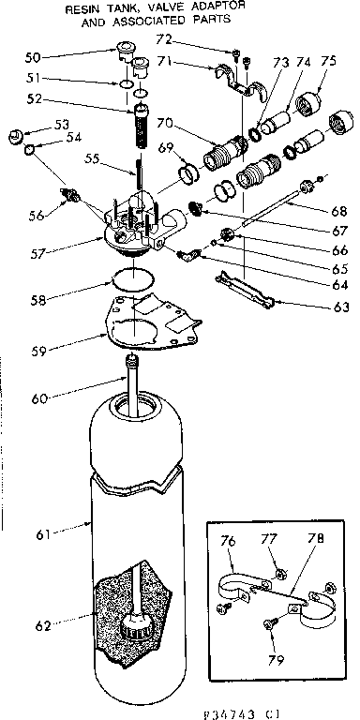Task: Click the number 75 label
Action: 328,63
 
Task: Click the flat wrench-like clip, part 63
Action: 244,287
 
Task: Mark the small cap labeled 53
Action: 14,134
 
